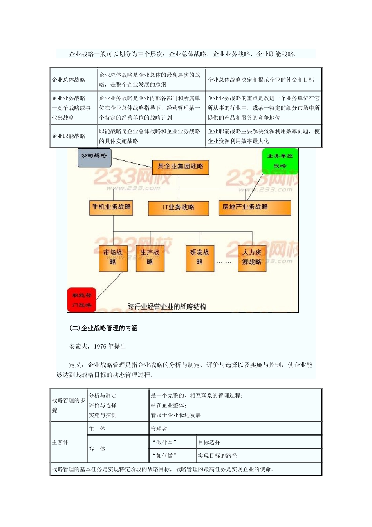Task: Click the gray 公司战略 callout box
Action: click(94, 157)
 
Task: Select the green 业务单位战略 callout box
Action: click(280, 161)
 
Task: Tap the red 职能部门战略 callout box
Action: click(81, 300)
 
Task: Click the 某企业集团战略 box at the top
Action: click(180, 167)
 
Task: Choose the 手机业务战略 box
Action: click(111, 207)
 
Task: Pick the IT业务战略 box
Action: click(178, 208)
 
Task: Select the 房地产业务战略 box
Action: click(255, 207)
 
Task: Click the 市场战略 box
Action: click(113, 258)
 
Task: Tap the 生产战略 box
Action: click(150, 258)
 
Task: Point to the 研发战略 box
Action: click(200, 258)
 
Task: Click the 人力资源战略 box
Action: click(251, 258)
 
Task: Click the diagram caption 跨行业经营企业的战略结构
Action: click(167, 307)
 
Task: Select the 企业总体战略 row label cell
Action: click(69, 80)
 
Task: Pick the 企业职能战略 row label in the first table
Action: click(69, 136)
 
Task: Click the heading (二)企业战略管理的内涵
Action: click(103, 328)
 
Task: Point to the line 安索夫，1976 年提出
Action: click(98, 347)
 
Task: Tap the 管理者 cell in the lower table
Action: click(159, 429)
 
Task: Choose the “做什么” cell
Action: click(164, 442)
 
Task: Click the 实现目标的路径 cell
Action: click(217, 456)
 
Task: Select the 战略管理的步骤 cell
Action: click(69, 405)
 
